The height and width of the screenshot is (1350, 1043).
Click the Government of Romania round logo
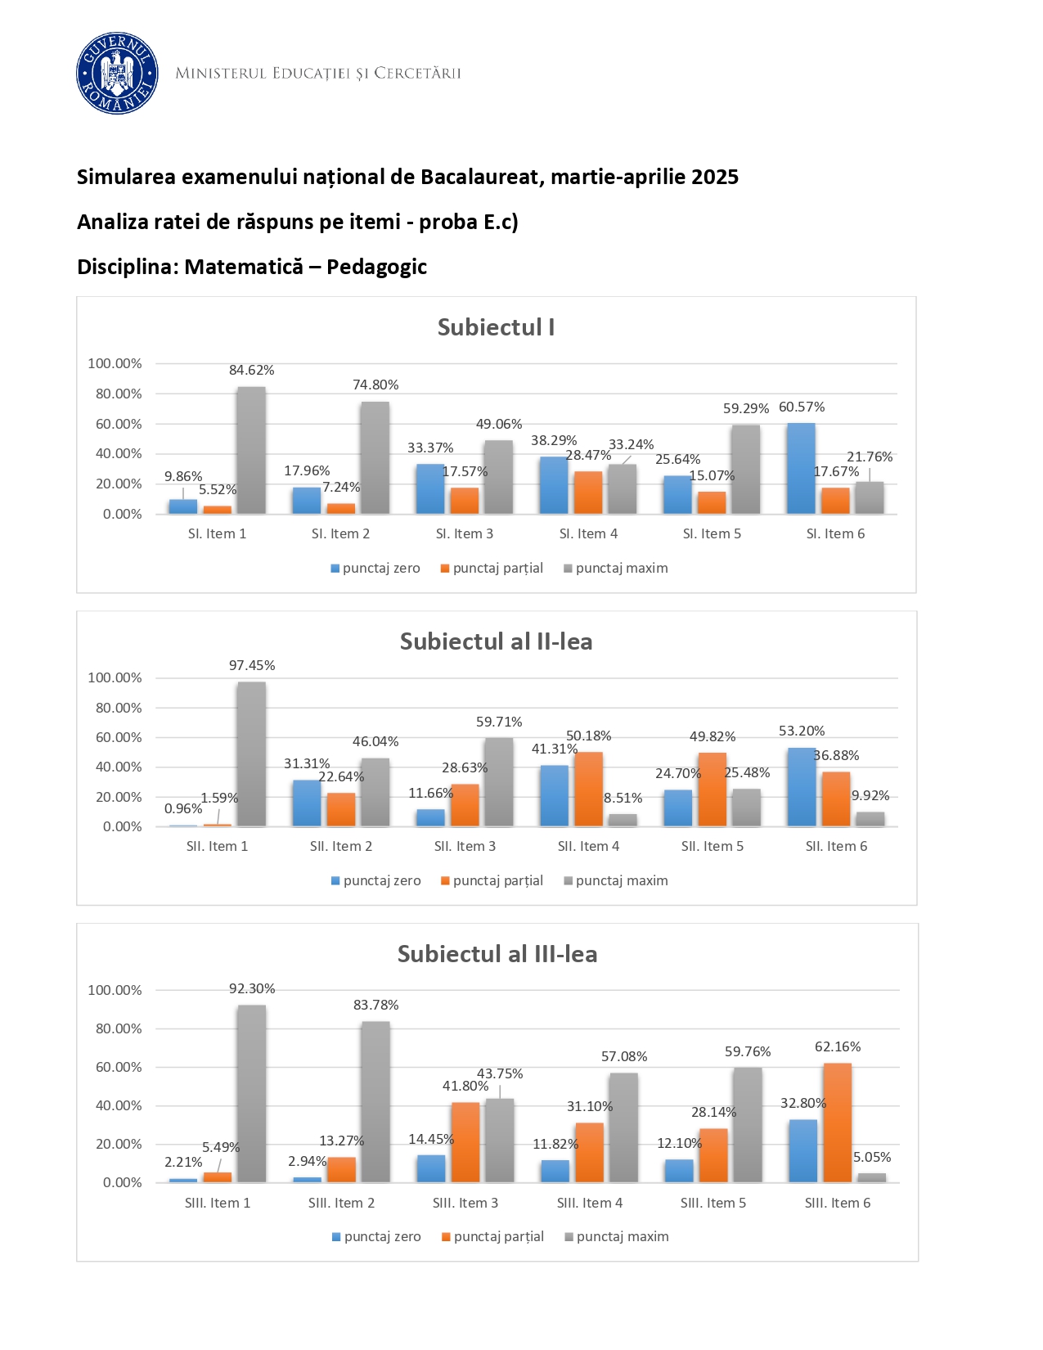(117, 74)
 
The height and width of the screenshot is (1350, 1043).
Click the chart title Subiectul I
(496, 327)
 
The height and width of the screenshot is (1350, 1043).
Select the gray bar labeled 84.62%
(251, 450)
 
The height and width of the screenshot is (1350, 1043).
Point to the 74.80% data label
(375, 385)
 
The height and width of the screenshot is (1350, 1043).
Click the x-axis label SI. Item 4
(588, 533)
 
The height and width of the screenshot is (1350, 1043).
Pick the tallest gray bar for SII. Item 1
(251, 754)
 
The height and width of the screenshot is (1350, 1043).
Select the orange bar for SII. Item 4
(588, 789)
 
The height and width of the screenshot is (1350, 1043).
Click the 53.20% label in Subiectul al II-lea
(802, 731)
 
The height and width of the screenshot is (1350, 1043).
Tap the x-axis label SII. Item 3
(465, 846)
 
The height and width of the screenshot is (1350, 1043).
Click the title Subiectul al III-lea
(497, 954)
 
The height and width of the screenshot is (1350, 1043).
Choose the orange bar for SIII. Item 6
(838, 1123)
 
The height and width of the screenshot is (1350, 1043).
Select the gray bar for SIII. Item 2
(375, 1101)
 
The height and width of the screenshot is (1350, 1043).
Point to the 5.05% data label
(872, 1157)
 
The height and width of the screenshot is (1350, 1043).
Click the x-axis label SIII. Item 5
(713, 1203)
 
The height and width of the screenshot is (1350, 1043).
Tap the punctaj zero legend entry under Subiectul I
(375, 568)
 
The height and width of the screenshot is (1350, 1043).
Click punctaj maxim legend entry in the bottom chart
(617, 1236)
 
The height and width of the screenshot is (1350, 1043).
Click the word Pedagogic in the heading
(377, 267)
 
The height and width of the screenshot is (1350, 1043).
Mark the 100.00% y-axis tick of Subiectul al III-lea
(115, 990)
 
